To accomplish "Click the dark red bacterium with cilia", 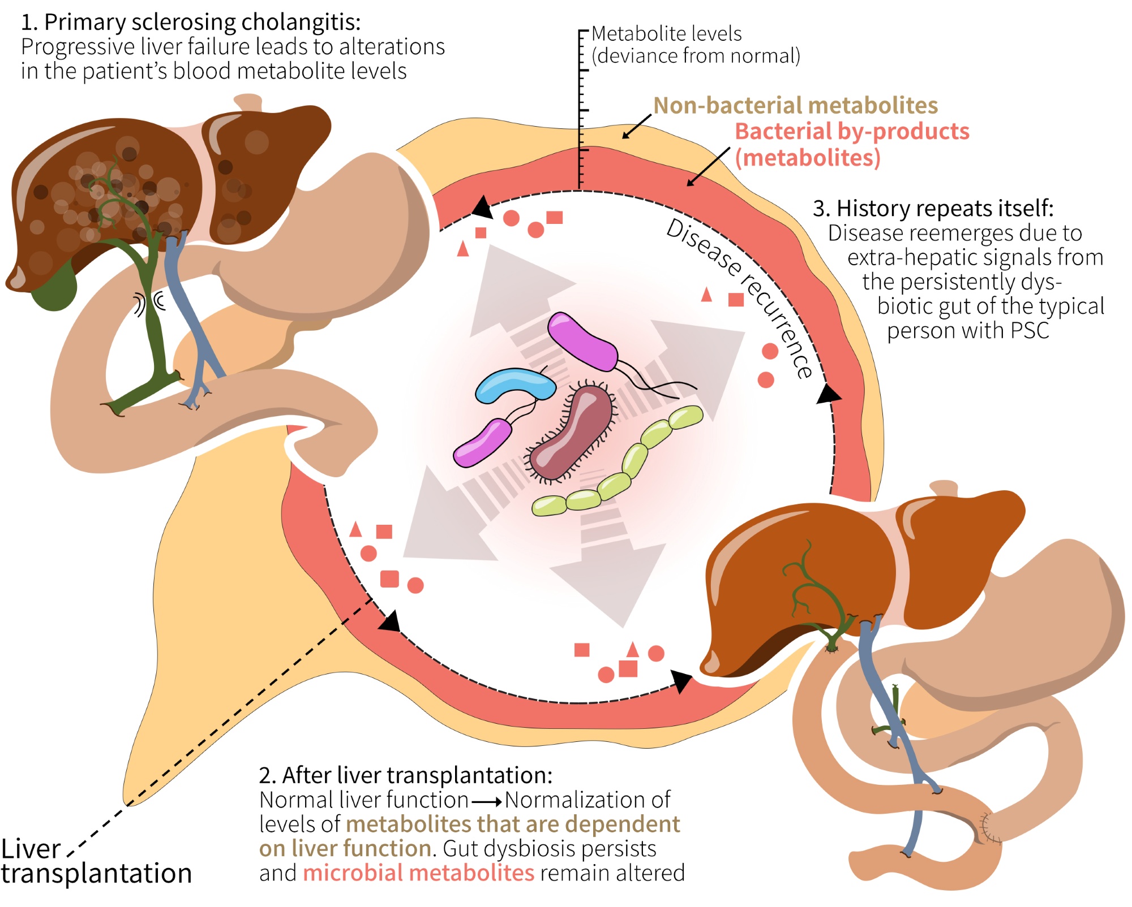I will tap(572, 433).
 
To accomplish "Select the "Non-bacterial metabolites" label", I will tap(795, 106).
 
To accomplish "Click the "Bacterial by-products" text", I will tap(852, 132).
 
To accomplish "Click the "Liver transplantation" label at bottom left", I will tap(96, 861).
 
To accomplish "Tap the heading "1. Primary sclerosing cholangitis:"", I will tap(191, 23).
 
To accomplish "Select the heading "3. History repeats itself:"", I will tap(933, 208).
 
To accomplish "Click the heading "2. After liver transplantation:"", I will tap(405, 775).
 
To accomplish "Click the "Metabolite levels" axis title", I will tap(666, 34).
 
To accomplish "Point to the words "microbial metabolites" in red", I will tap(419, 873).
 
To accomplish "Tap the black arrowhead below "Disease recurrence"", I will tap(829, 394).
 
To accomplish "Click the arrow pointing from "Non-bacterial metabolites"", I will tap(637, 126).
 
